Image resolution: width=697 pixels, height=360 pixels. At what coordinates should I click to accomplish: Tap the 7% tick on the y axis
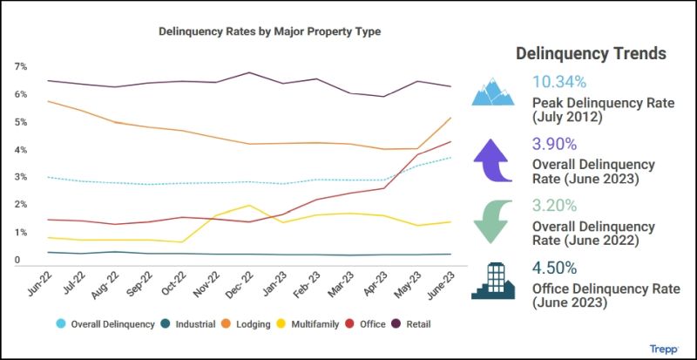20,66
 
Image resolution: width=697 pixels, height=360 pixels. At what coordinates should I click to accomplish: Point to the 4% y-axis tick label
20,150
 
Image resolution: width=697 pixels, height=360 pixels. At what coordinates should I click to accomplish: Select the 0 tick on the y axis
17,260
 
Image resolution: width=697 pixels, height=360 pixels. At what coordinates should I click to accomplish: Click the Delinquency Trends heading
591,53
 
